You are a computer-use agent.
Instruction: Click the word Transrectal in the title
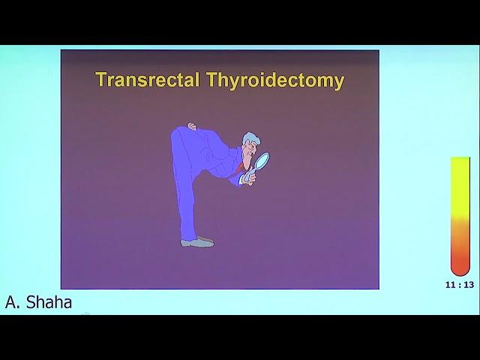click(x=148, y=79)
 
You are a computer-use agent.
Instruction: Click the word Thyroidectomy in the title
click(x=275, y=81)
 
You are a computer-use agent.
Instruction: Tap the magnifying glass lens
click(x=262, y=160)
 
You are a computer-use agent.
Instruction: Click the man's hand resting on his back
click(x=192, y=127)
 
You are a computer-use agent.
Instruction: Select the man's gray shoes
click(x=197, y=241)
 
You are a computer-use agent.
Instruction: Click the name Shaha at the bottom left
click(x=49, y=302)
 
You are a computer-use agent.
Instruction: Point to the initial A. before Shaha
click(x=12, y=302)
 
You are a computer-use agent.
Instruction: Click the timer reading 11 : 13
click(x=460, y=285)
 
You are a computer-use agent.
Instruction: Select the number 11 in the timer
click(x=450, y=285)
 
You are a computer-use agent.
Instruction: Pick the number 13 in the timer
click(x=469, y=285)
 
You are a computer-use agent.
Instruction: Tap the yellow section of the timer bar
click(x=460, y=187)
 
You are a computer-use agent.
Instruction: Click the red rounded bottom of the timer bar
click(x=460, y=266)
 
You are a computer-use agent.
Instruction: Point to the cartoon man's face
click(x=247, y=153)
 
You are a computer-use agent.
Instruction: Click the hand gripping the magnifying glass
click(x=250, y=178)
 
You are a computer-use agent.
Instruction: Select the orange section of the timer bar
click(x=460, y=235)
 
